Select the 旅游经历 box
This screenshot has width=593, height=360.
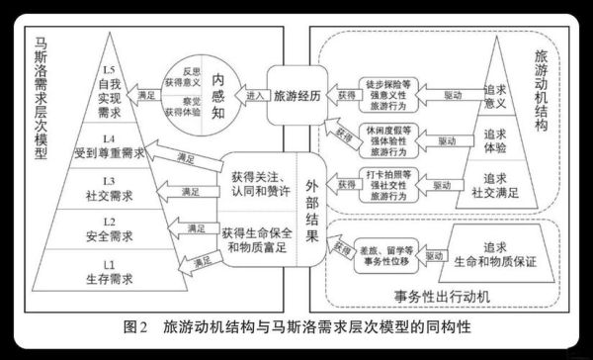click(296, 97)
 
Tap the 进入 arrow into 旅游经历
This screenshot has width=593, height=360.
click(255, 97)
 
